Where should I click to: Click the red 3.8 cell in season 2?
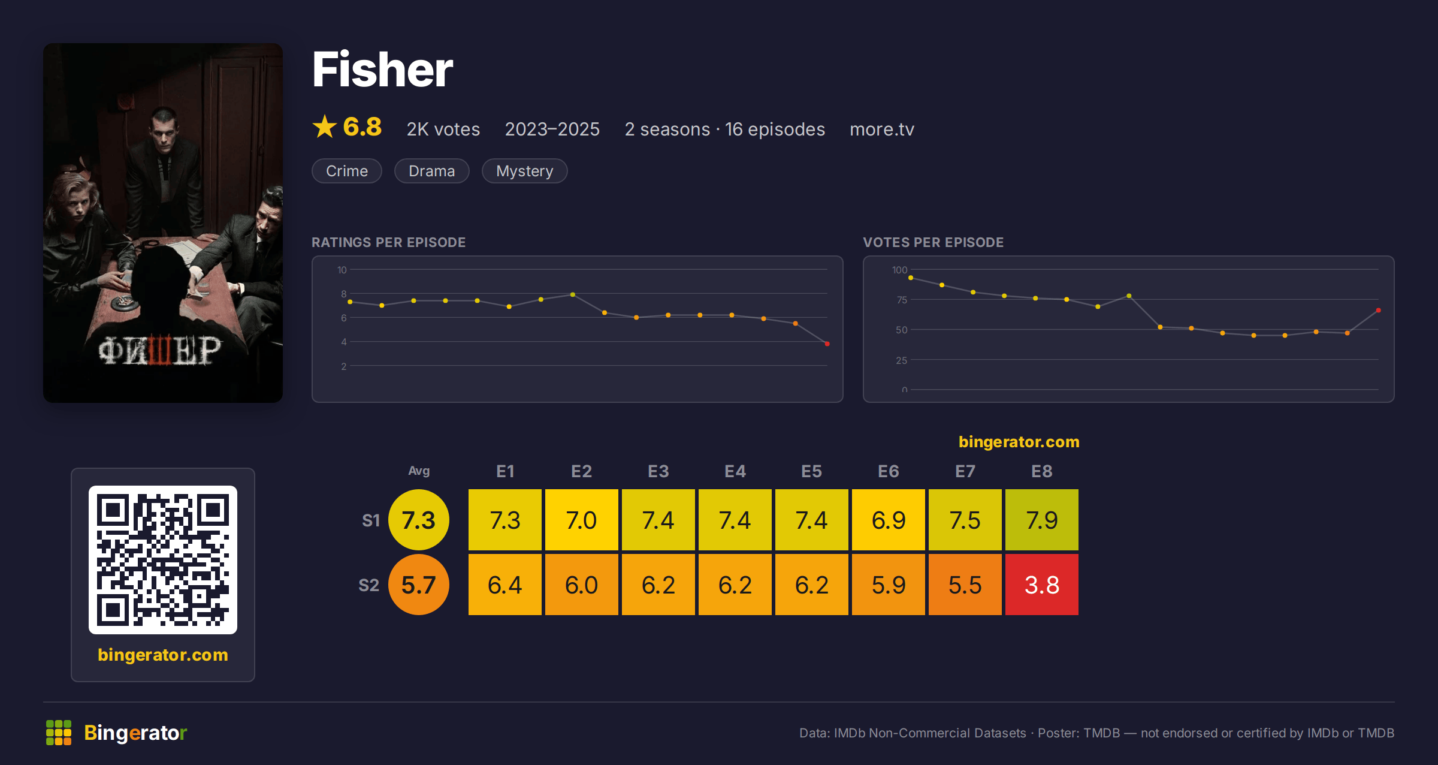coord(1041,585)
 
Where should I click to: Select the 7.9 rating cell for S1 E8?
coord(1041,520)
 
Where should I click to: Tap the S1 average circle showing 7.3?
coord(419,520)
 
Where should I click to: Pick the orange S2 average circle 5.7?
coord(419,585)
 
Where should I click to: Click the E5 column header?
coord(811,471)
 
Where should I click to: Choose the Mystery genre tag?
coord(524,171)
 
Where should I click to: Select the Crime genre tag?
coord(347,171)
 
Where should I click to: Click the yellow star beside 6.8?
coord(325,127)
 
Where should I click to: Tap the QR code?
coord(163,560)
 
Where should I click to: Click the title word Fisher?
coord(382,70)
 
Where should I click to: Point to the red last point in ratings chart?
coord(827,344)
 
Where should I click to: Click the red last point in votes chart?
coord(1378,310)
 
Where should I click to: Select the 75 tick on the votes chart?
coord(902,300)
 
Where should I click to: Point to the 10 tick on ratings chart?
coord(342,270)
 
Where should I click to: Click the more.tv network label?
coord(882,129)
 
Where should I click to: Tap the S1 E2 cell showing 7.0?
coord(581,520)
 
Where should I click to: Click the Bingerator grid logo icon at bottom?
coord(59,733)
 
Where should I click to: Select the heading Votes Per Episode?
coord(933,242)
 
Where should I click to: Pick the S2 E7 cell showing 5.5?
coord(965,585)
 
